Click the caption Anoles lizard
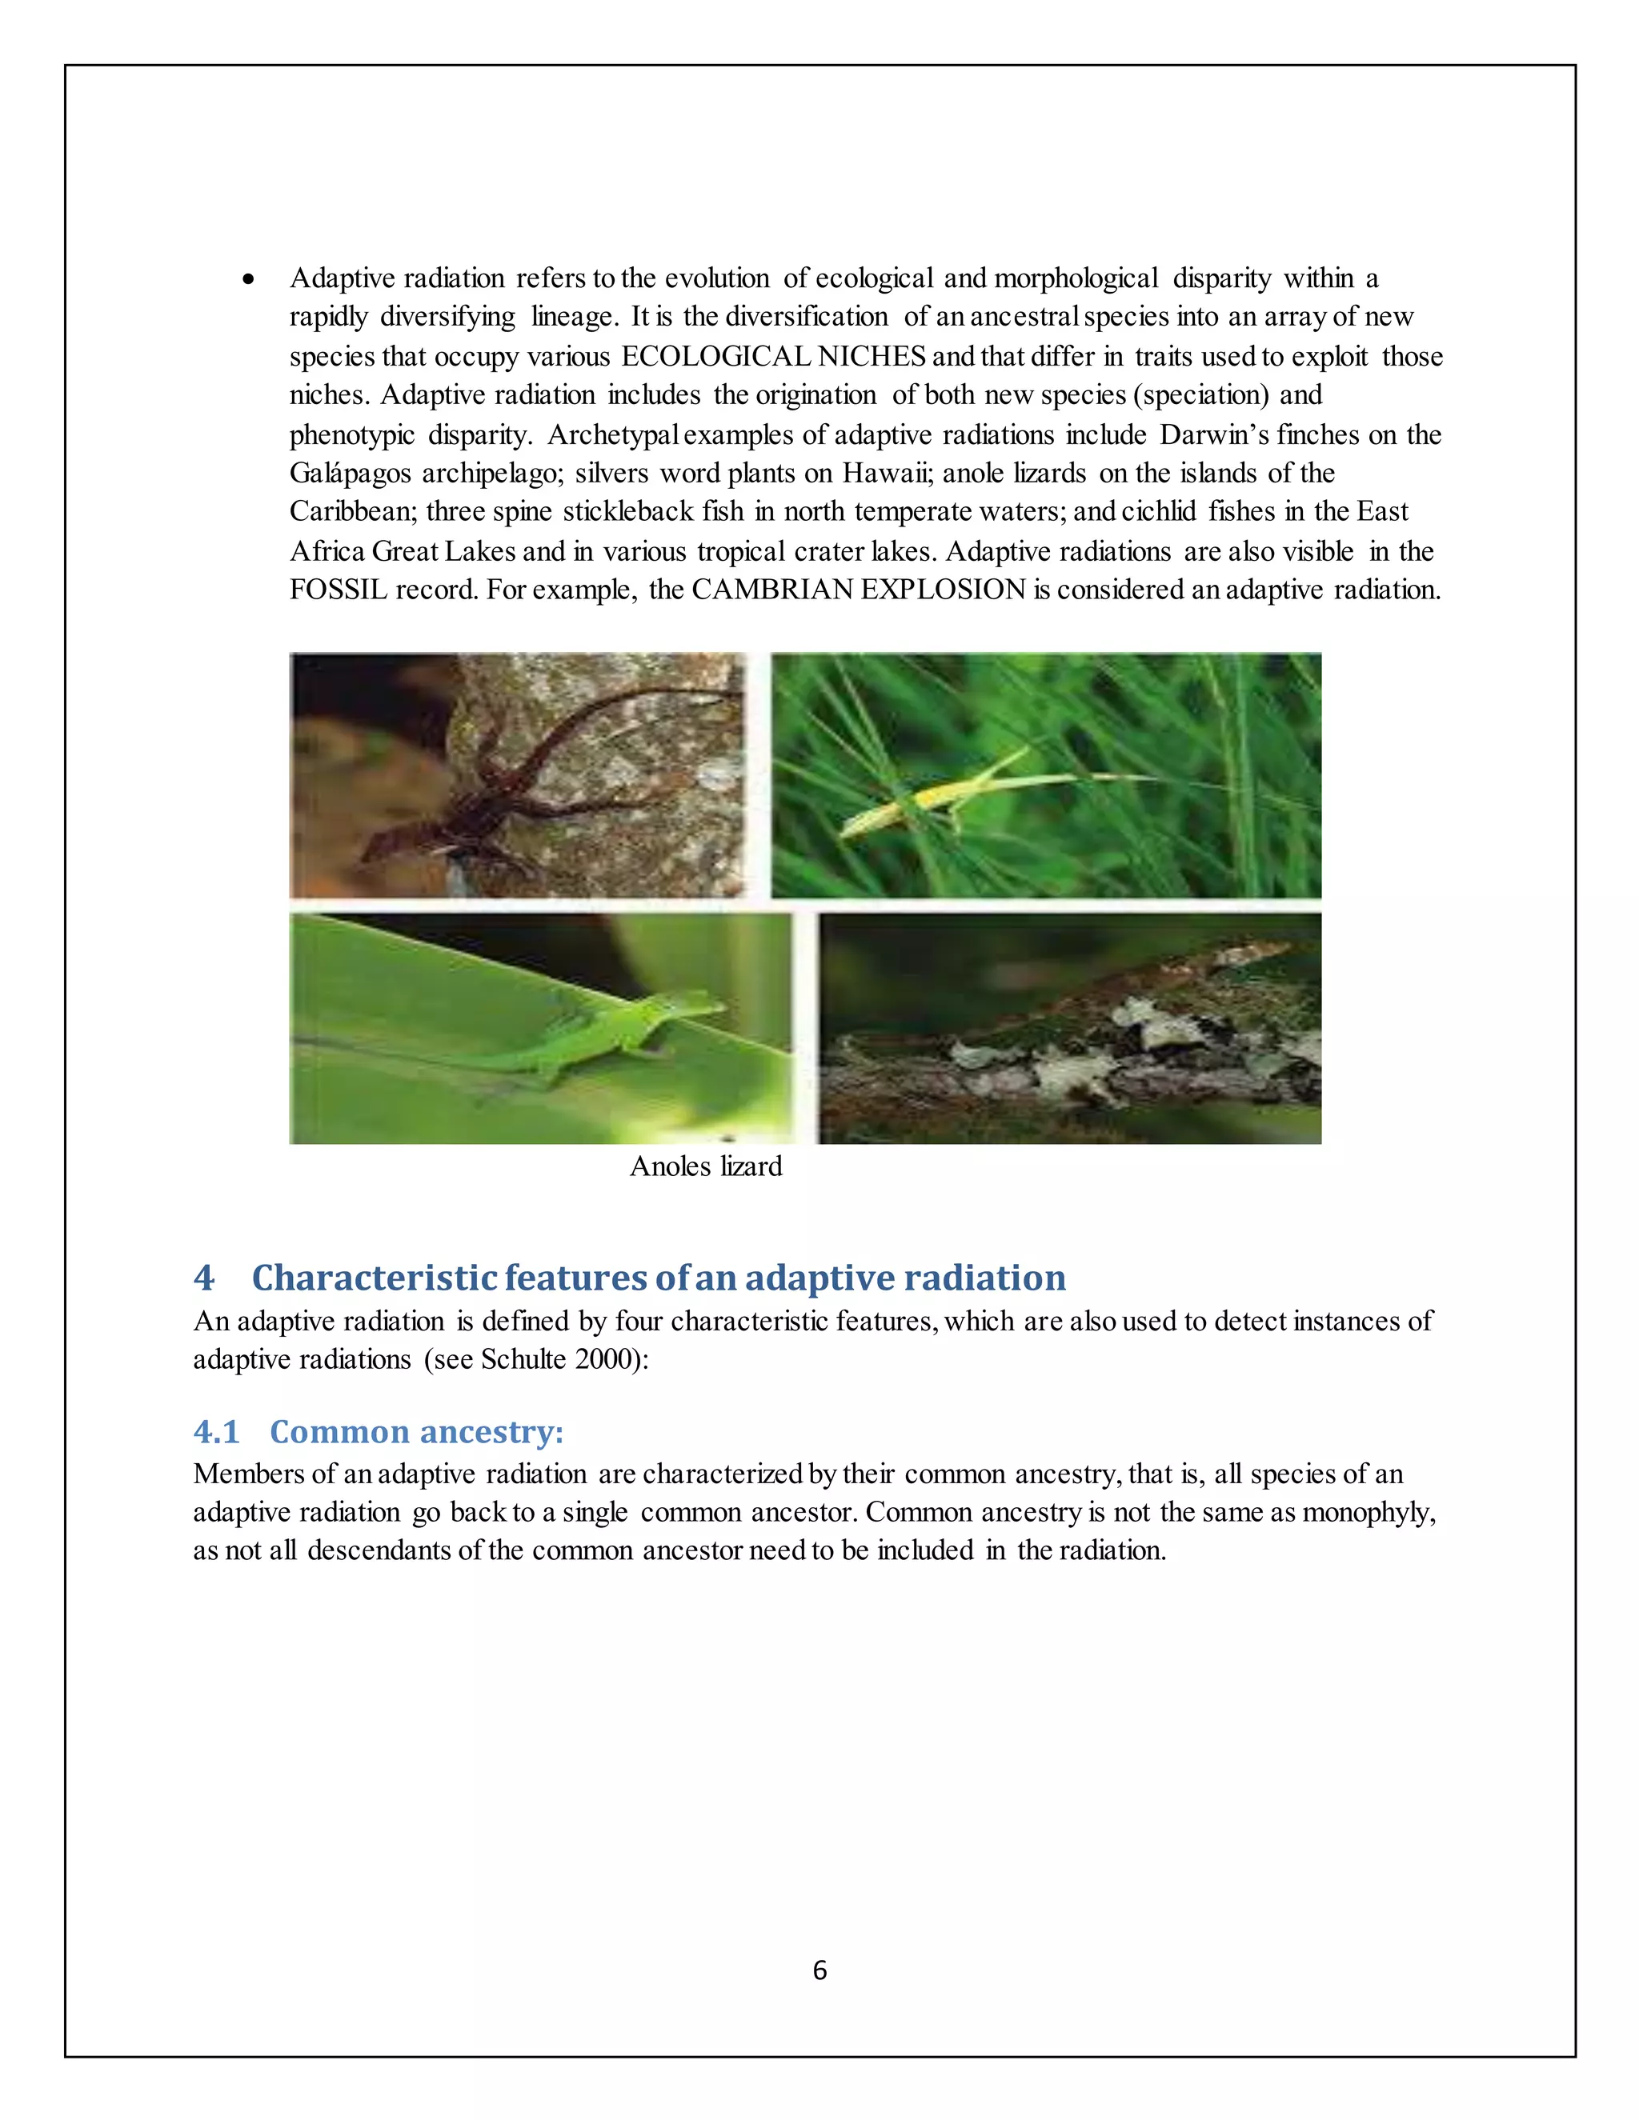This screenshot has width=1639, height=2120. click(706, 1166)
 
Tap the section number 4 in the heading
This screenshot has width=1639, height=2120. click(203, 1278)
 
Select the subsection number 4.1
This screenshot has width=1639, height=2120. click(215, 1432)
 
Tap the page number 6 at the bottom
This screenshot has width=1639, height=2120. click(819, 1970)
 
